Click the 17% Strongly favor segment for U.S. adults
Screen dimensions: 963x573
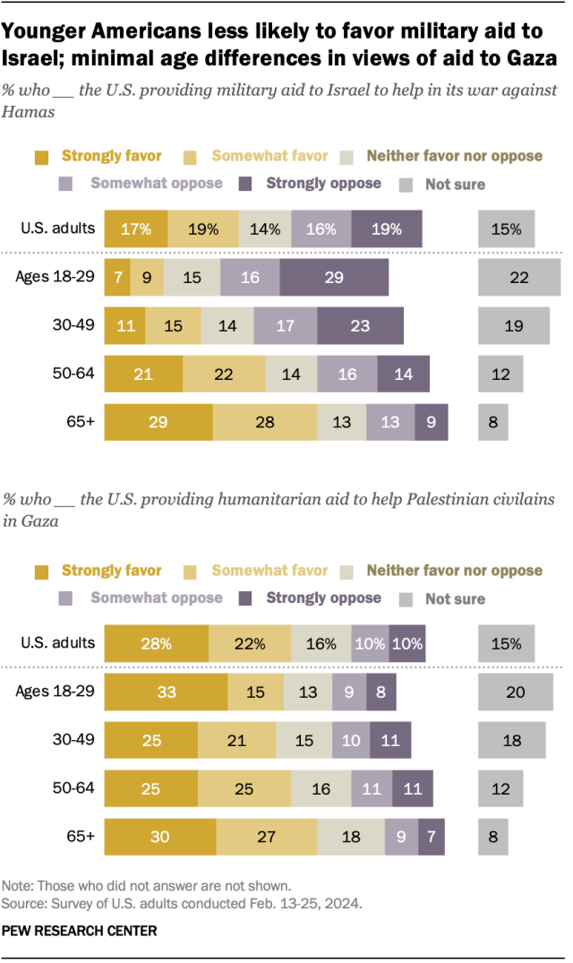click(x=135, y=228)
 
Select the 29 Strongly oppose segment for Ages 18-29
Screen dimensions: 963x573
click(x=334, y=278)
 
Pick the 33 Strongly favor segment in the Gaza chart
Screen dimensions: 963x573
click(x=166, y=692)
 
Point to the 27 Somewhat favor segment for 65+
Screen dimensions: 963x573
click(x=266, y=837)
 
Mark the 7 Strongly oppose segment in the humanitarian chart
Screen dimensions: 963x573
click(x=432, y=837)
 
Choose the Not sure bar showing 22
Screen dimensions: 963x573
click(x=519, y=278)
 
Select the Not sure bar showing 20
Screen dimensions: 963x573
click(x=516, y=692)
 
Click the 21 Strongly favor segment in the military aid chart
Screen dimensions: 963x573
click(x=143, y=374)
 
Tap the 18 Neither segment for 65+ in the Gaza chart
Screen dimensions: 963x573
click(x=350, y=837)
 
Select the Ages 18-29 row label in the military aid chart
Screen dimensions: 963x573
click(x=56, y=277)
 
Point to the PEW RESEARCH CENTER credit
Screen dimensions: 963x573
click(x=81, y=932)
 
